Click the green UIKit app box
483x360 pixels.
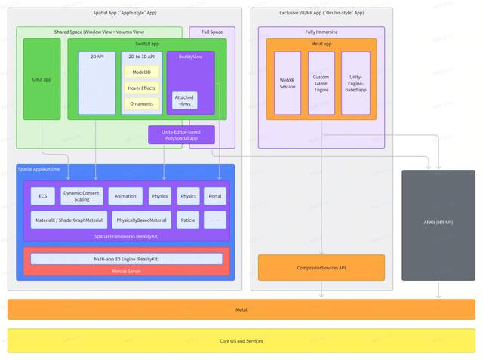click(42, 79)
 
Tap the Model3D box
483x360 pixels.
click(140, 72)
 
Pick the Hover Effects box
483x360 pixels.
click(140, 88)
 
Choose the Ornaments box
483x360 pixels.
click(140, 103)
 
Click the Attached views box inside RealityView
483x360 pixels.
click(183, 101)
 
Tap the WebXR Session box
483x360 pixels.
click(288, 83)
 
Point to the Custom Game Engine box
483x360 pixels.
click(321, 83)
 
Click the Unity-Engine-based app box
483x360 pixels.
click(355, 83)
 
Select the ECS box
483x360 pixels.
click(42, 196)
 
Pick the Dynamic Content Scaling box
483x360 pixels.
click(82, 196)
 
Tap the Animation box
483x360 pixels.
click(125, 196)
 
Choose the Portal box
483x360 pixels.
click(215, 196)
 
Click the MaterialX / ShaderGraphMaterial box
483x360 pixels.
click(69, 220)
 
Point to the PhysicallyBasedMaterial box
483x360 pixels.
click(140, 220)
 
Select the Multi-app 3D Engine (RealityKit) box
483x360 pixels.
click(127, 259)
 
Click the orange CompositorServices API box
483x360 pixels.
click(321, 267)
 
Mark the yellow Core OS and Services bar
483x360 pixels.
click(241, 341)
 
